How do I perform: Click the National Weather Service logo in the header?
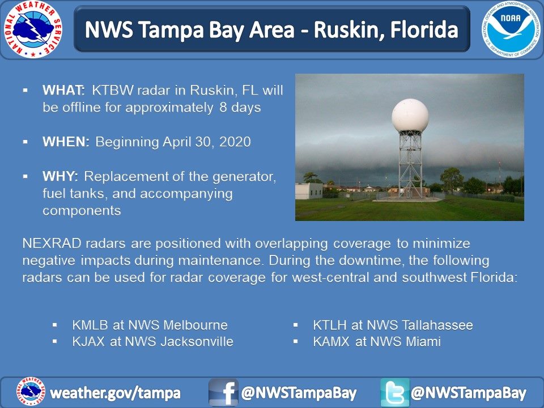tap(33, 29)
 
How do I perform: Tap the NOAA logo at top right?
tap(511, 29)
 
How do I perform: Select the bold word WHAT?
tap(63, 90)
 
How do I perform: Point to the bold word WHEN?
tap(66, 142)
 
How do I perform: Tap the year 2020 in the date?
tap(235, 142)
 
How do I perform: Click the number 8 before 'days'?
tap(223, 107)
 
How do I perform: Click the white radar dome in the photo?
tap(410, 115)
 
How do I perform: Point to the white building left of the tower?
tap(309, 191)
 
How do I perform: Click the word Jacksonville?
tap(197, 341)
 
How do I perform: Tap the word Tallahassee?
tap(437, 325)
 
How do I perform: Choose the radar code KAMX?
tap(331, 341)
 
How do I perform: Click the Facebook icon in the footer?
tap(223, 392)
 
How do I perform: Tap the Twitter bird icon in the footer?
tap(395, 392)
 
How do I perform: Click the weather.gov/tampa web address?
tap(115, 393)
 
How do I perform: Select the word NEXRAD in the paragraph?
tap(52, 243)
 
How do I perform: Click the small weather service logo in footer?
tap(31, 392)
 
